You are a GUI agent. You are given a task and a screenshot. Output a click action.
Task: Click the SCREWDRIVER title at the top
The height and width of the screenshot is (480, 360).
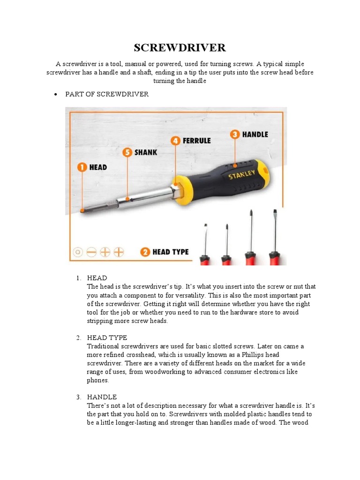click(180, 47)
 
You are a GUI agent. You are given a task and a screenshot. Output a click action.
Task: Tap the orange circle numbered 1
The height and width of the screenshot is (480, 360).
click(82, 167)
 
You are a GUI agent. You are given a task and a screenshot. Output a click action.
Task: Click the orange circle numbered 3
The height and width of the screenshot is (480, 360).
click(234, 134)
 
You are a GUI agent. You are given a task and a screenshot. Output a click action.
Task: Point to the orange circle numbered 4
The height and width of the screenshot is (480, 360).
click(175, 140)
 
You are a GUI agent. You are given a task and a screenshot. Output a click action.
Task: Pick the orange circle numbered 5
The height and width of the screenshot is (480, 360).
click(127, 152)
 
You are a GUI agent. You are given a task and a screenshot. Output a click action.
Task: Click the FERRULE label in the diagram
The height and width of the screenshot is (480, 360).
click(196, 140)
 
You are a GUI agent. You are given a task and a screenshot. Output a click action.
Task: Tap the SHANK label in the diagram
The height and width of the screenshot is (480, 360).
click(146, 152)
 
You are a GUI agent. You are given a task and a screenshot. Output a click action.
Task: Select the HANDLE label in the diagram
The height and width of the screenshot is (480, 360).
click(255, 134)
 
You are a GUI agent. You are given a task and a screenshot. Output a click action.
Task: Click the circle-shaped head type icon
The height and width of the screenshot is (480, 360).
click(78, 252)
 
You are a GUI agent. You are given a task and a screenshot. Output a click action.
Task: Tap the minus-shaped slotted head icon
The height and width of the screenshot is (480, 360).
click(91, 252)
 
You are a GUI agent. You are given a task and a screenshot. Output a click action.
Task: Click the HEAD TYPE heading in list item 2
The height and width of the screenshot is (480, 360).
click(107, 337)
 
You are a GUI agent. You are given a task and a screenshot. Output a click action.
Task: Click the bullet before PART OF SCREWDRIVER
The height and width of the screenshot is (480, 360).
click(56, 94)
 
